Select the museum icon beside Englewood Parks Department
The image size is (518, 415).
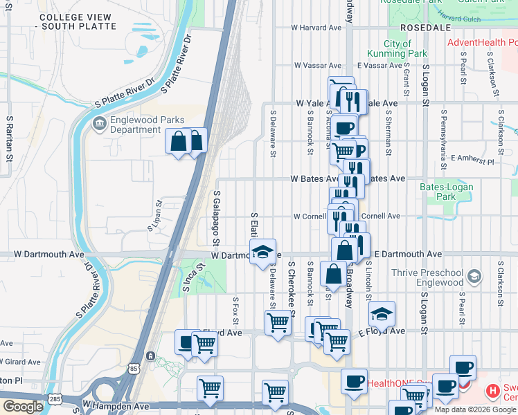pos(99,124)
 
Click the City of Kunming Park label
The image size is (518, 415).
pos(406,48)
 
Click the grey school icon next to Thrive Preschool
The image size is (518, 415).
pos(474,277)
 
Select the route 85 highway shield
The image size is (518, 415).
pos(150,356)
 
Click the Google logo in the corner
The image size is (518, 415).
pos(23,407)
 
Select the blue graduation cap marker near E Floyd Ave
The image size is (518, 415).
pos(382,313)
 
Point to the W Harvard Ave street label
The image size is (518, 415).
pos(316,28)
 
